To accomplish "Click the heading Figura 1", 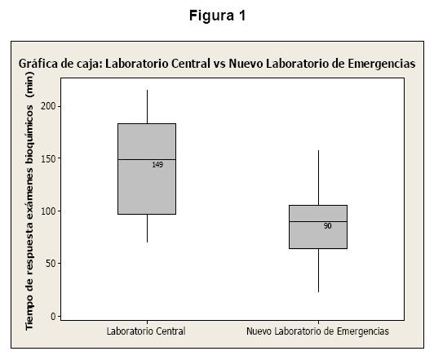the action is [x=218, y=16].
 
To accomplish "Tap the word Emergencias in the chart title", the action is [x=382, y=64].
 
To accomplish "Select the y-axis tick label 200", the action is [x=48, y=106].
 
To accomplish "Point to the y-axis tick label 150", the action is [x=48, y=158].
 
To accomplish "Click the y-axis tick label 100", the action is [x=48, y=211].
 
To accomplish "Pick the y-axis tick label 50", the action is [x=51, y=264].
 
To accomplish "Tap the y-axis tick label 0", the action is [x=53, y=316].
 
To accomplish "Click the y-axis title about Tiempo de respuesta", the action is [x=29, y=201].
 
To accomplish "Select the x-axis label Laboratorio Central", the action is [x=146, y=331].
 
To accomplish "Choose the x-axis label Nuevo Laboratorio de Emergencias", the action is [x=318, y=331].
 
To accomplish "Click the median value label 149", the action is [x=157, y=165].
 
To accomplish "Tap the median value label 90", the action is [x=327, y=226].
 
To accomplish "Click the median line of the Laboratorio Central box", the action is [x=147, y=159].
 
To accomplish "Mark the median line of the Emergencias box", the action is [x=318, y=221].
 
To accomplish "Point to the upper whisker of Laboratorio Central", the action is [x=147, y=107].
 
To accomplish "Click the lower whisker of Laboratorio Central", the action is [x=147, y=229].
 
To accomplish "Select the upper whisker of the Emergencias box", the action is [x=318, y=178].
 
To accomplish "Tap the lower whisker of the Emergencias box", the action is [x=318, y=270].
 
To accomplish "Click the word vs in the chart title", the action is [x=219, y=64].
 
